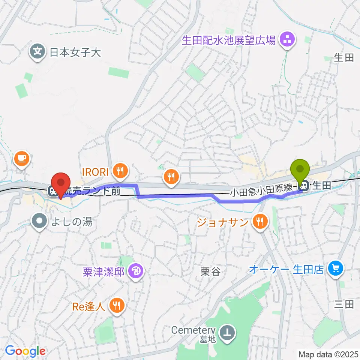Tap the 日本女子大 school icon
(x=38, y=51)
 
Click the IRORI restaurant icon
(x=120, y=171)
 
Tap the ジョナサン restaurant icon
(x=259, y=222)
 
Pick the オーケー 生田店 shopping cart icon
(x=335, y=269)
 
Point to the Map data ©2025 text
(x=328, y=354)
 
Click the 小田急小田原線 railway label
(x=261, y=191)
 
